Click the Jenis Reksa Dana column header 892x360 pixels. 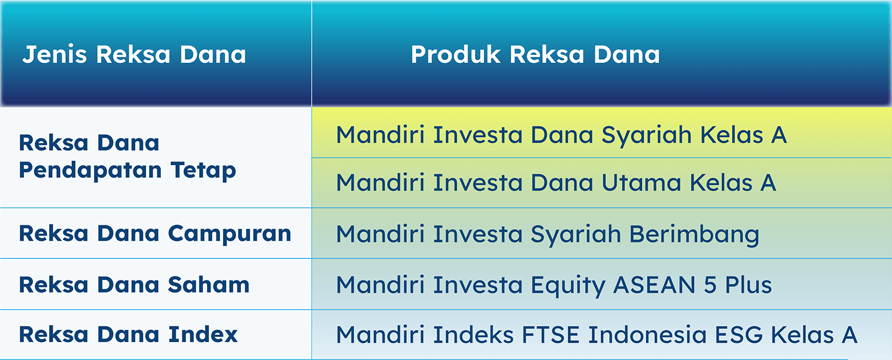[134, 54]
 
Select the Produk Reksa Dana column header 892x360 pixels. [535, 54]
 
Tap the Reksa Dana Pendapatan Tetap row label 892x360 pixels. [127, 157]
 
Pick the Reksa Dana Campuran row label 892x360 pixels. [155, 234]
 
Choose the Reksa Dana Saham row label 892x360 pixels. [134, 285]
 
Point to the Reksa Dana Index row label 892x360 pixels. [128, 334]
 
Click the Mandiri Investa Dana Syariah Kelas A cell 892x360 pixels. [561, 135]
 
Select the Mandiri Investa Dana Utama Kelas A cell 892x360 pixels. [556, 182]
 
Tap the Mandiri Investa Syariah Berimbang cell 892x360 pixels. [547, 234]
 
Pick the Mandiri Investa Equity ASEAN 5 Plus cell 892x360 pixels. [554, 285]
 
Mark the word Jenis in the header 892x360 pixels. [54, 54]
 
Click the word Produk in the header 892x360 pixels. [455, 54]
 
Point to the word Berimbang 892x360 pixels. [695, 234]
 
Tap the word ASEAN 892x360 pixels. [654, 285]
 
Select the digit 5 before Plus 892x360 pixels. [710, 285]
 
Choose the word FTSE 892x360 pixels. [550, 334]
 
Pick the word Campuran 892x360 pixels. [229, 234]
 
